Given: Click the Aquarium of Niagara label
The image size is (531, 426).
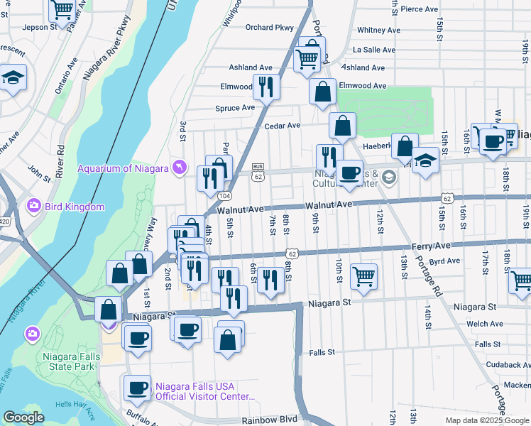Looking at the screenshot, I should (x=123, y=168).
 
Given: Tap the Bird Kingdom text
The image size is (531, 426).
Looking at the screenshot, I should (x=75, y=207).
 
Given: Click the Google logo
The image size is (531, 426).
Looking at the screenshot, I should (x=23, y=417).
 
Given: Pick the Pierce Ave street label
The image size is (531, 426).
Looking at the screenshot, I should (x=419, y=9).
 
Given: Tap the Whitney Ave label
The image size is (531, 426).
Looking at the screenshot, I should (x=378, y=30).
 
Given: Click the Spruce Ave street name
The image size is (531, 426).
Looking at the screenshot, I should (x=235, y=108).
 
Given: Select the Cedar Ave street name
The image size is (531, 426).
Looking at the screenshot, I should (x=283, y=125).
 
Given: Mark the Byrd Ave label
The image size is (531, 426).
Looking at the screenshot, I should (x=444, y=261).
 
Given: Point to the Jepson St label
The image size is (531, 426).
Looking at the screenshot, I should (x=39, y=26).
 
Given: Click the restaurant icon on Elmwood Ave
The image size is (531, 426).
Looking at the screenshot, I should (x=266, y=87).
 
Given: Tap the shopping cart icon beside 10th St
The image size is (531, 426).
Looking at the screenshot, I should (x=363, y=276).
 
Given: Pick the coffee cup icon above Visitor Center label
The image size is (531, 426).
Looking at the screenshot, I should (x=136, y=388).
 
